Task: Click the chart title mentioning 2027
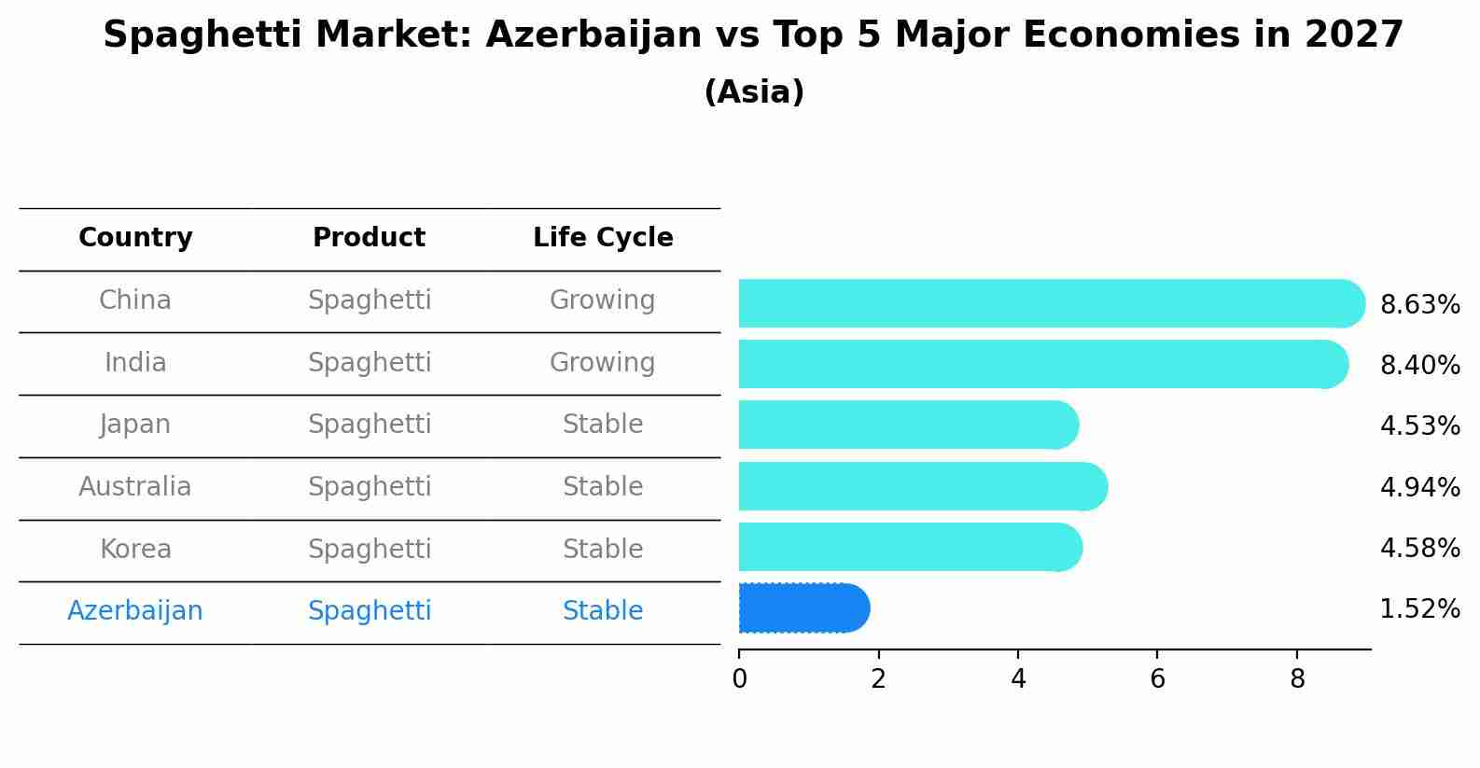(753, 35)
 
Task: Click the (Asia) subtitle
(753, 92)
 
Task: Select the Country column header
(135, 238)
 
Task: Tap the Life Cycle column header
(603, 238)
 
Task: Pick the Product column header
(369, 238)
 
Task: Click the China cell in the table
(135, 300)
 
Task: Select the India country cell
(135, 363)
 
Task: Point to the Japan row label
(135, 425)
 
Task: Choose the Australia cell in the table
(135, 487)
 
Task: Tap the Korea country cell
(135, 550)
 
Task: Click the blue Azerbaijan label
(135, 611)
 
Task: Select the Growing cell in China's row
(603, 300)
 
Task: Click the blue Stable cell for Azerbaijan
(603, 611)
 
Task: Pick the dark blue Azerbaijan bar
(803, 608)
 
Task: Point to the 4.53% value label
(1419, 426)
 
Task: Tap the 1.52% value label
(1419, 609)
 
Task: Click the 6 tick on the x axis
(1157, 679)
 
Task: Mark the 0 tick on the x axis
(739, 679)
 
